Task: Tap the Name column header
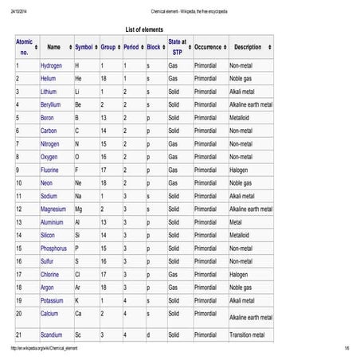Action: [53, 48]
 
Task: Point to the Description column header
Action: [248, 48]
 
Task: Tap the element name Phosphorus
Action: [54, 248]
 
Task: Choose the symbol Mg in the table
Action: [79, 209]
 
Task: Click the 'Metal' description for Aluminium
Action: [237, 222]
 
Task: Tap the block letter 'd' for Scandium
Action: [148, 335]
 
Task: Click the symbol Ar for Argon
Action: [77, 287]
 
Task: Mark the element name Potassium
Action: [53, 300]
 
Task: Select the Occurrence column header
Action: [208, 48]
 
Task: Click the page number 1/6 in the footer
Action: [347, 350]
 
